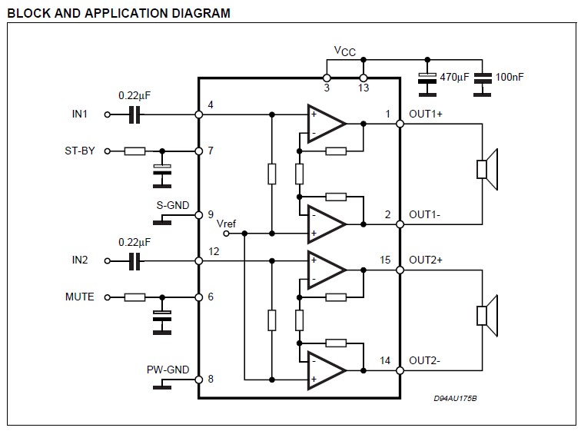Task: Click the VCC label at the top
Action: [344, 51]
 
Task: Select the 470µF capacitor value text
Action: [454, 77]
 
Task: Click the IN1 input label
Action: [81, 114]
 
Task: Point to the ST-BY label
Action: [80, 151]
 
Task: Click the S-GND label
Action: [173, 206]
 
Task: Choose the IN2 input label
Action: [81, 260]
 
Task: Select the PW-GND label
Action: [168, 370]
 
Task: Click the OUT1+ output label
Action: [426, 114]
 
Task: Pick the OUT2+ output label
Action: [426, 260]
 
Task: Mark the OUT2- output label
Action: [424, 360]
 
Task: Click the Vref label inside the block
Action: [227, 224]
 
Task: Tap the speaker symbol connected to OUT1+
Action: [487, 169]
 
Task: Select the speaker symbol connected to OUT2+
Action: [487, 315]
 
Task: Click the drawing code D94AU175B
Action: [455, 399]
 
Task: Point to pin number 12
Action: [213, 250]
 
